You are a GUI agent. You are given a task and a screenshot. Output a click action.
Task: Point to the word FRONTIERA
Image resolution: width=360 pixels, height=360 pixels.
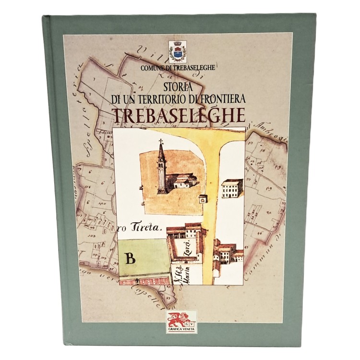click(x=224, y=98)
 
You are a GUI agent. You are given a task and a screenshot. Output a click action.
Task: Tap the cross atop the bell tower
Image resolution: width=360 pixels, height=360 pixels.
click(x=162, y=142)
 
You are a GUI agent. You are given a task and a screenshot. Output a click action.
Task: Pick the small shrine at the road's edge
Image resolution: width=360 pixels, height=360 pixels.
click(x=203, y=198)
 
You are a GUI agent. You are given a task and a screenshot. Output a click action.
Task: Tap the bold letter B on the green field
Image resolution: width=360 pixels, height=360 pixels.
click(x=129, y=258)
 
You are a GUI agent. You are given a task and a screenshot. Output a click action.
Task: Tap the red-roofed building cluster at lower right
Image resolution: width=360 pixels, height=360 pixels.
click(x=226, y=252)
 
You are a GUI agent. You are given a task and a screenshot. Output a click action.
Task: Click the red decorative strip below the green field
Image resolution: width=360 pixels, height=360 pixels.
click(x=144, y=282)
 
